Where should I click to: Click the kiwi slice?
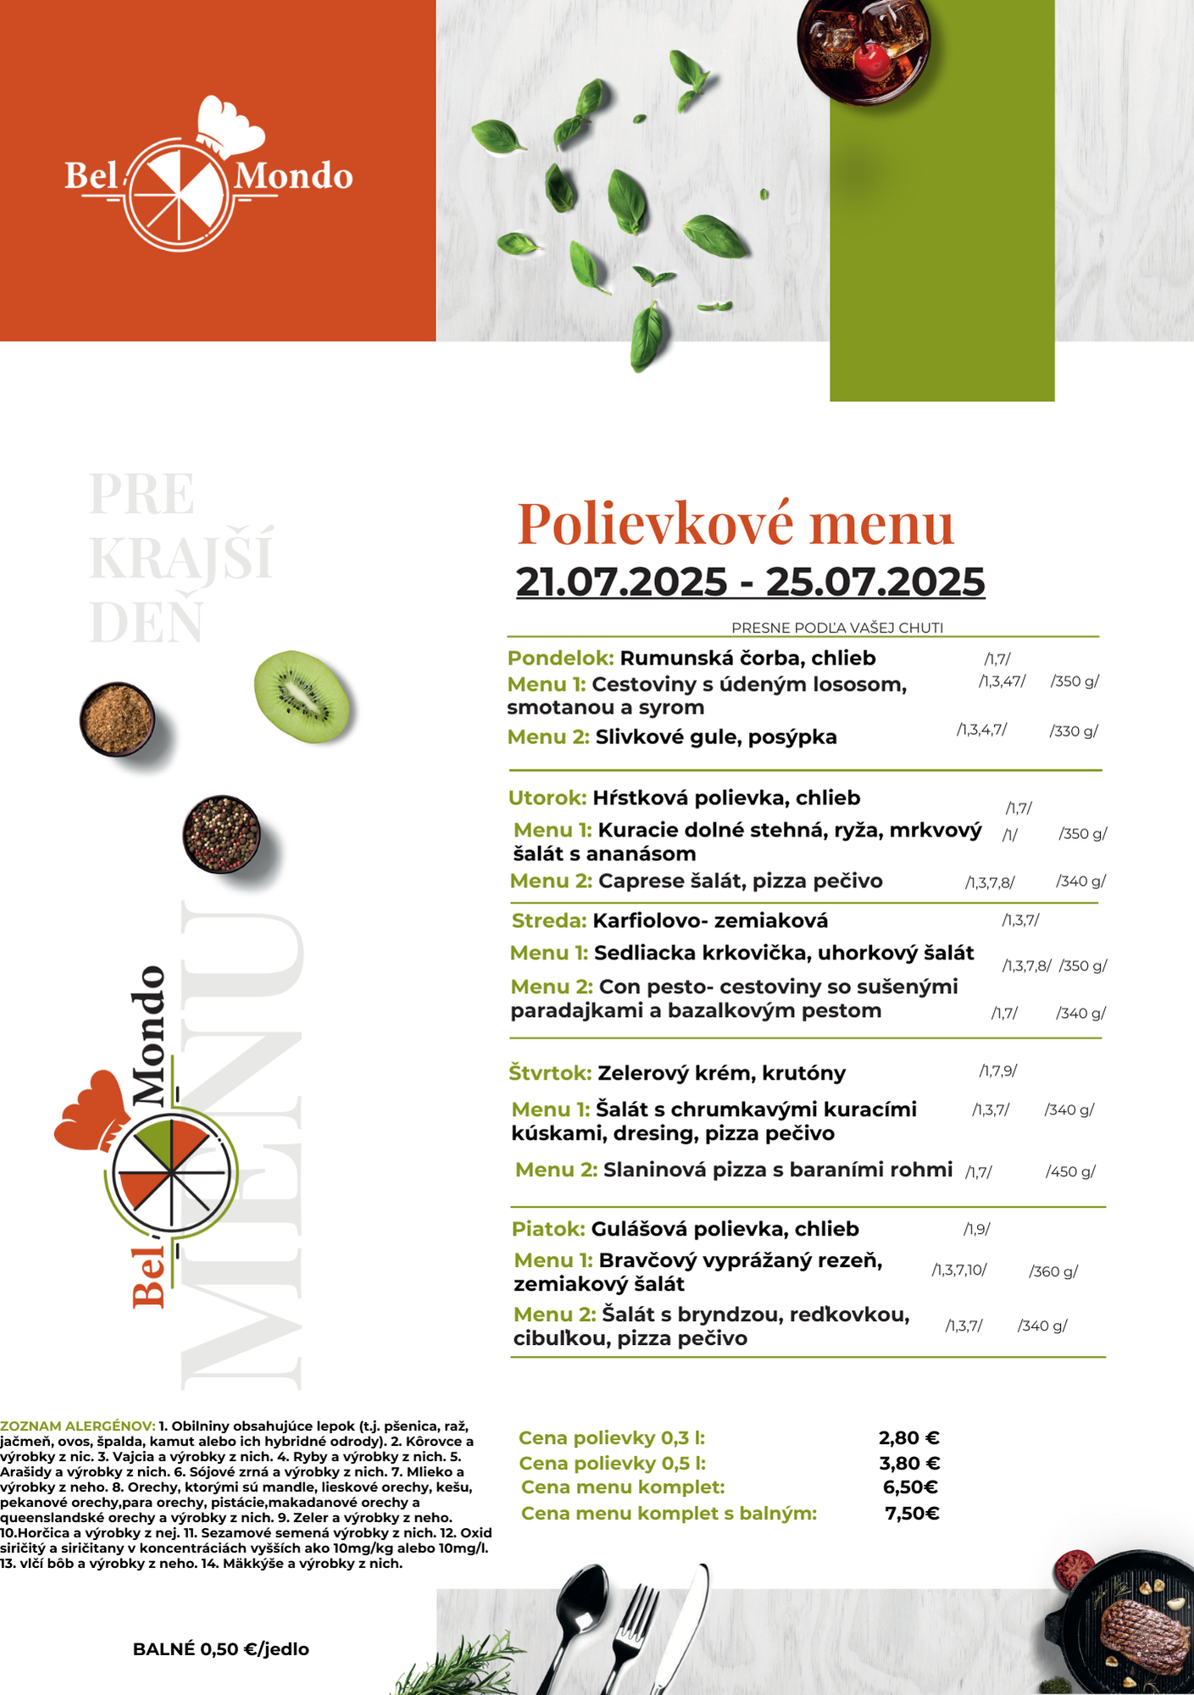pos(302,697)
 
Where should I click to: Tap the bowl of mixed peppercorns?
pos(221,834)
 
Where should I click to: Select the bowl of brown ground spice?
pos(118,719)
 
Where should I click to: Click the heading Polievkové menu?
pos(736,524)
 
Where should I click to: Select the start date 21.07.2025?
pos(621,581)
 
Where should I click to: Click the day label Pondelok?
pos(560,659)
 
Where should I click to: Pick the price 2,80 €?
pos(909,1437)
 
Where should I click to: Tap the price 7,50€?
pos(912,1513)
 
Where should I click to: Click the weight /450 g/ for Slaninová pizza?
pos(1070,1171)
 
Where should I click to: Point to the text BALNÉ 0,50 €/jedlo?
pos(221,1649)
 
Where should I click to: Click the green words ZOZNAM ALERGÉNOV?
pos(78,1425)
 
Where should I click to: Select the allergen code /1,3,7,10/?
pos(959,1270)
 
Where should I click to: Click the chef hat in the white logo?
pos(230,125)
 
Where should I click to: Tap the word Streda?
pos(549,920)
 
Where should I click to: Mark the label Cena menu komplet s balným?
pos(669,1514)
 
